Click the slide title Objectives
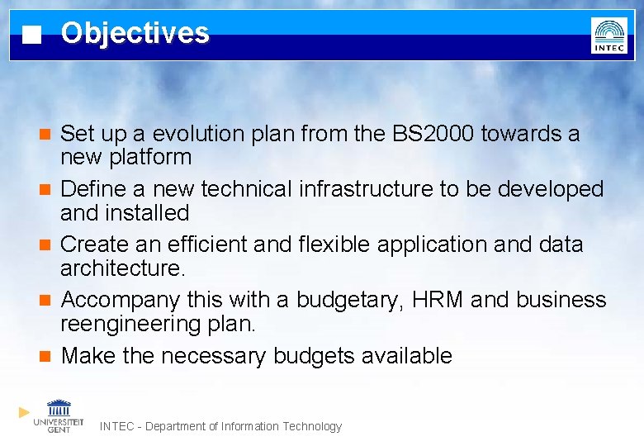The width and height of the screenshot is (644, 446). point(135,33)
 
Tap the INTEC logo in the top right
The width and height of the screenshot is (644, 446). point(608,36)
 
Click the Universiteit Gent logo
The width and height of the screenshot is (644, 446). point(59,415)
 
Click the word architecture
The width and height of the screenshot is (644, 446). point(121,268)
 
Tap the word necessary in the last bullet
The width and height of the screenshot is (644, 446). point(214,356)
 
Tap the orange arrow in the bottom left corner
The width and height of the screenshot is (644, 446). point(25,411)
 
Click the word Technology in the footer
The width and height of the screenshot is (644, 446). point(312,426)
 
